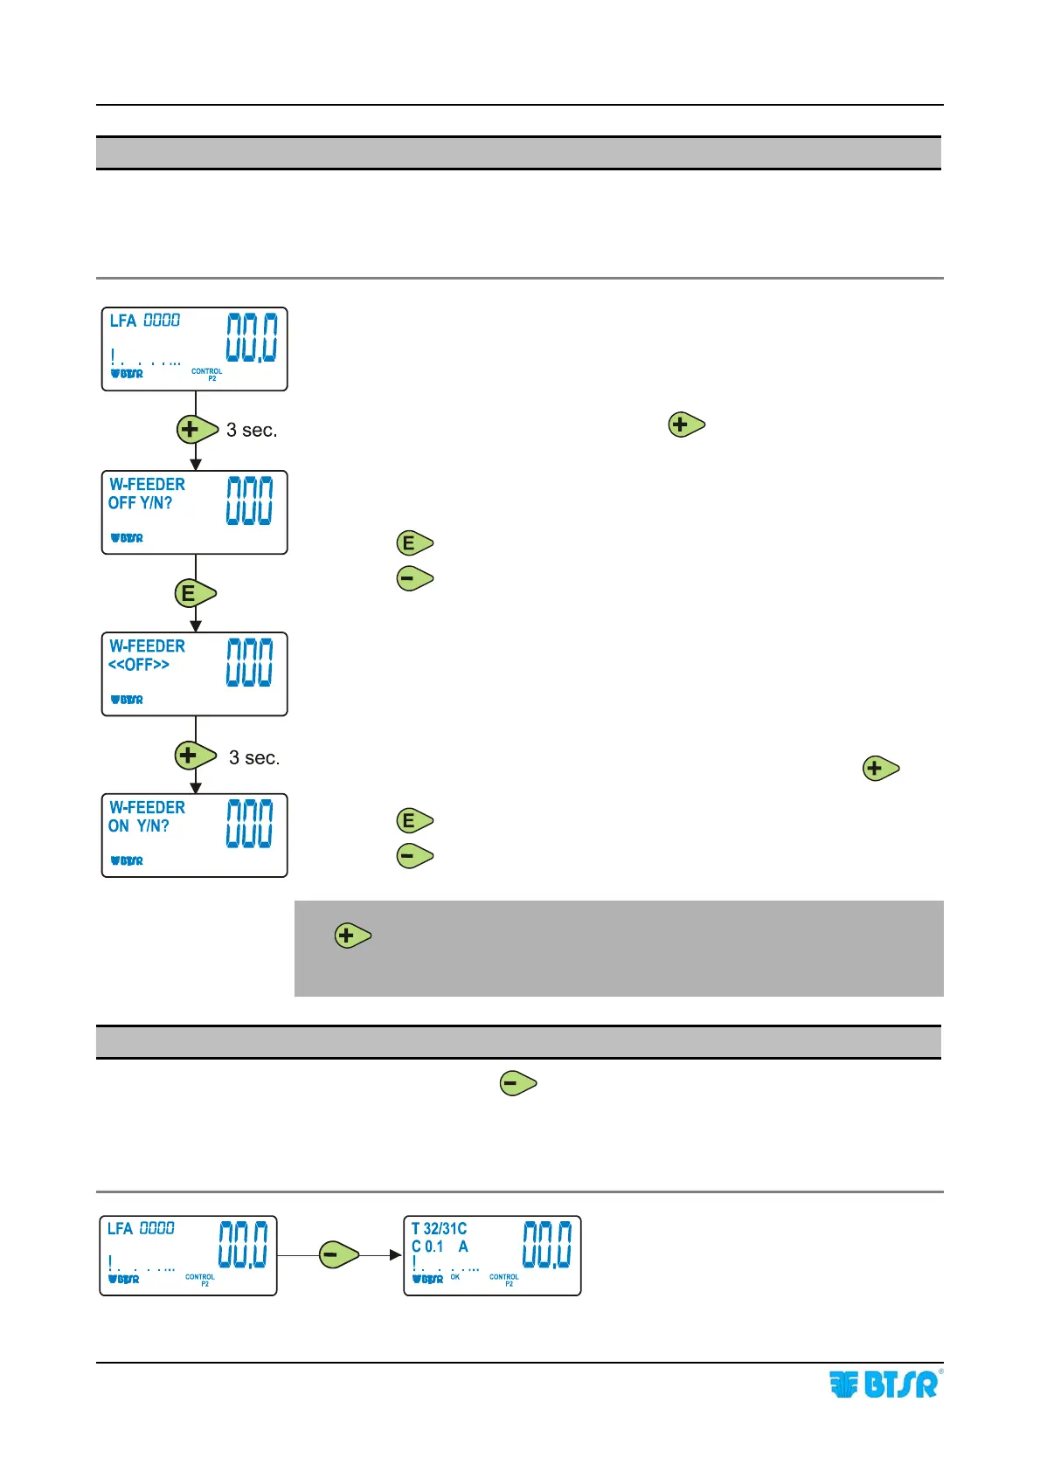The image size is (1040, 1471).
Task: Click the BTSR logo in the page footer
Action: click(884, 1385)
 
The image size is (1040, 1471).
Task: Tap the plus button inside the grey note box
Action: click(352, 936)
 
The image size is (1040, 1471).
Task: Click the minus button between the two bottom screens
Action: click(337, 1255)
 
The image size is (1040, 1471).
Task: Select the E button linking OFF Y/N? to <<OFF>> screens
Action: click(194, 593)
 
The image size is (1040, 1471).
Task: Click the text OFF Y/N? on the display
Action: click(140, 503)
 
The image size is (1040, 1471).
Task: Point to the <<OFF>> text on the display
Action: click(138, 665)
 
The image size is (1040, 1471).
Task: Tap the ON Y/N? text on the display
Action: click(138, 826)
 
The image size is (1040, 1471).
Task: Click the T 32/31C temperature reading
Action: click(439, 1228)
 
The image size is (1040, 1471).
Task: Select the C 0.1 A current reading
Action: click(440, 1247)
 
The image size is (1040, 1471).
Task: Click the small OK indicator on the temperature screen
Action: click(455, 1277)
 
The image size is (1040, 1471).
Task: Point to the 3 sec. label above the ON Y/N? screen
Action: click(254, 757)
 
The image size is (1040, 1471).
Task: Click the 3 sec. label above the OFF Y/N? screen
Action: click(252, 430)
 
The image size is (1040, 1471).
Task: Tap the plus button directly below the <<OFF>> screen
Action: click(194, 755)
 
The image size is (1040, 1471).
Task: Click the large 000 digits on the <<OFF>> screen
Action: click(249, 662)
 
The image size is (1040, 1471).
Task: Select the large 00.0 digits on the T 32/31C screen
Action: click(547, 1245)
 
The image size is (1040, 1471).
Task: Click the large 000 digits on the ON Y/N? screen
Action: click(249, 824)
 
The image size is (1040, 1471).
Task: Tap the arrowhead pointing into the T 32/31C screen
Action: click(396, 1255)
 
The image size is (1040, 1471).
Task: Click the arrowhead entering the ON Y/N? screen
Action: click(196, 787)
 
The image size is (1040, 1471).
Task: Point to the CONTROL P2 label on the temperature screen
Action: click(504, 1280)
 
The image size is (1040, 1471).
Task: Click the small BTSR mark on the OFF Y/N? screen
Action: click(127, 538)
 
